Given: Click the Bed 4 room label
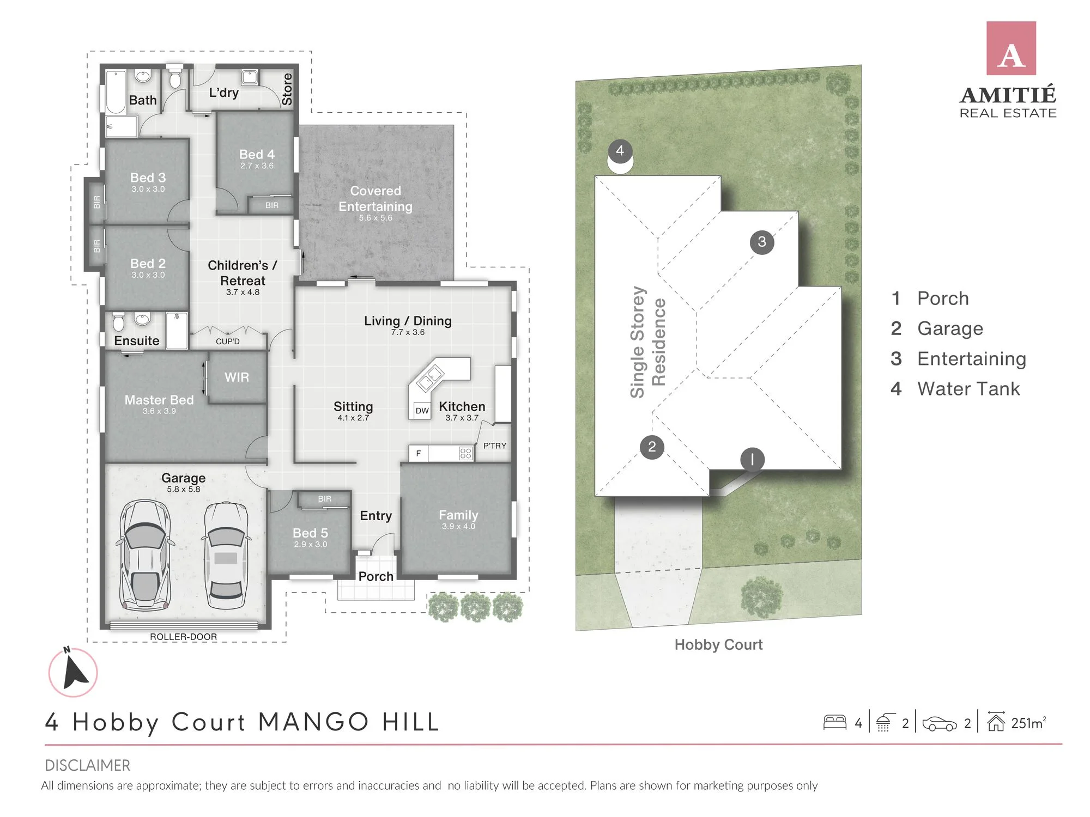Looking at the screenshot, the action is click(x=257, y=155).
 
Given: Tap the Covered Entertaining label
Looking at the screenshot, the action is click(x=376, y=199).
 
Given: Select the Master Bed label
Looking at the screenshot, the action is click(x=159, y=400).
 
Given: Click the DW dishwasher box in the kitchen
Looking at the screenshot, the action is click(x=422, y=411).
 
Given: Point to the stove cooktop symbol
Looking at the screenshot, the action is click(x=465, y=453).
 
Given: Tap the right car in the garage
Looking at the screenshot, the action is click(x=226, y=556).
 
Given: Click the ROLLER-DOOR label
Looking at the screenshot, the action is click(x=183, y=637).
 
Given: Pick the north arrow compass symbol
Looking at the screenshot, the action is click(x=73, y=672).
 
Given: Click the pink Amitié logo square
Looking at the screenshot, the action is click(x=1011, y=48).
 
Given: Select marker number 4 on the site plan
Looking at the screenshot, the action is click(x=620, y=151).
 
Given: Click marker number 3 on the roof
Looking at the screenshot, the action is click(x=762, y=241).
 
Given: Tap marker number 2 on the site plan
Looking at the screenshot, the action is click(x=652, y=447).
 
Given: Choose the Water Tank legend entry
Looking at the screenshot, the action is click(x=955, y=389).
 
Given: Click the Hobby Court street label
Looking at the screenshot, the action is click(x=718, y=645).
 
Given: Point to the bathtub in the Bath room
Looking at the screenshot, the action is click(x=116, y=91).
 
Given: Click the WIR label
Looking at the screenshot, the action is click(x=237, y=377).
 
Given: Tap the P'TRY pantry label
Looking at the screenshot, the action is click(x=495, y=446).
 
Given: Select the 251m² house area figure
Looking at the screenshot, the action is click(x=1028, y=723).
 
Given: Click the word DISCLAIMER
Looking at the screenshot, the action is click(x=87, y=765).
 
